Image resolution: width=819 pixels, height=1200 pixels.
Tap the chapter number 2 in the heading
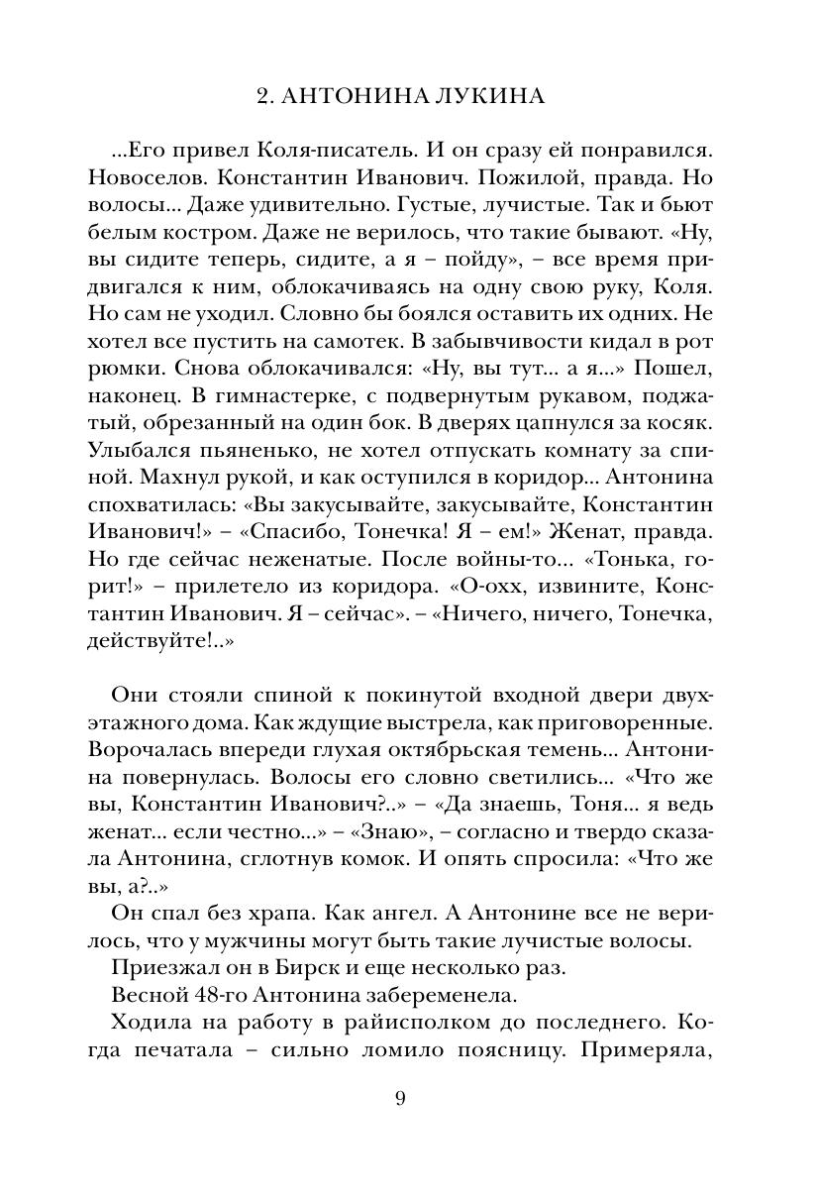click(261, 96)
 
